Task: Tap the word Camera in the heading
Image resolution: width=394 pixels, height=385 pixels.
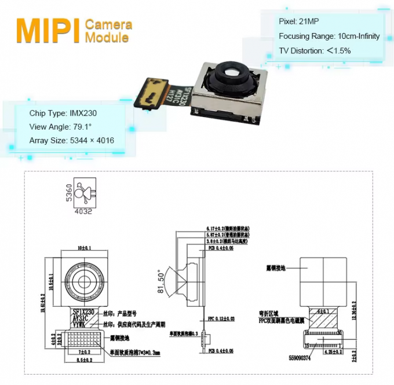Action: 108,24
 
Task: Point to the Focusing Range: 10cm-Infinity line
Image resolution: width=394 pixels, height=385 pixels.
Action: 329,36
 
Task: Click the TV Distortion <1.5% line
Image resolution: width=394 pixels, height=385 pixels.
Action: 315,50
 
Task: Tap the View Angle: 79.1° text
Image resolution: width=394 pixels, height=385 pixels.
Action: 60,127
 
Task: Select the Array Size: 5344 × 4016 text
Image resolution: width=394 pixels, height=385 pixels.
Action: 71,141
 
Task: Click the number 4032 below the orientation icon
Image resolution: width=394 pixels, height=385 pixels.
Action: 83,212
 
